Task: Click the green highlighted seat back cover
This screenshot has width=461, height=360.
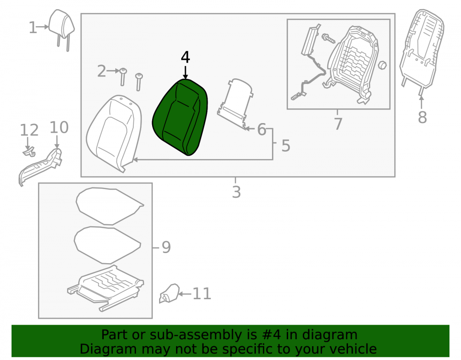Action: tap(180, 117)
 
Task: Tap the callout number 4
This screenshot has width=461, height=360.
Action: tap(185, 57)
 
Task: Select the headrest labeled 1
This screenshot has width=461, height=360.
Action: tap(61, 30)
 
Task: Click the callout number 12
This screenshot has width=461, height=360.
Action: tap(29, 130)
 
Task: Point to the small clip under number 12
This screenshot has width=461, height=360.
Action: tap(30, 152)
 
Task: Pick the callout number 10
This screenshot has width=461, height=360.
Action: tap(59, 127)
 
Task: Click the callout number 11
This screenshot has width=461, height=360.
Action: tap(202, 294)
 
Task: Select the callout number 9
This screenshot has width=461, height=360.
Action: tap(166, 247)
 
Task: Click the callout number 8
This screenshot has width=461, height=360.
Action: tap(422, 117)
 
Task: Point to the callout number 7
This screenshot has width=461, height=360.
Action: tap(338, 124)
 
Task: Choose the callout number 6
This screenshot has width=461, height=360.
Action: tap(262, 130)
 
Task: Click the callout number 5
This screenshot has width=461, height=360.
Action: tap(286, 146)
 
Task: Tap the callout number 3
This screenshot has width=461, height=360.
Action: tap(236, 192)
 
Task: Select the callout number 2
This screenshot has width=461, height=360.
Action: tap(101, 71)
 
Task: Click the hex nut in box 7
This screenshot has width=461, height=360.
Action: tap(382, 65)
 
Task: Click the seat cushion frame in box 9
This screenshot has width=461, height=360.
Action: tap(106, 288)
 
